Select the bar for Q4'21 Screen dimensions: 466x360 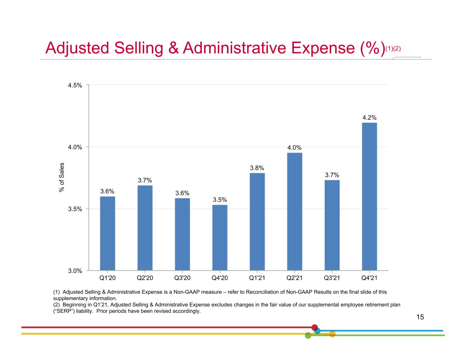[x=369, y=196]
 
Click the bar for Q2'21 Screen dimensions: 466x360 [x=294, y=211]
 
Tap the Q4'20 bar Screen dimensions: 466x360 [x=220, y=237]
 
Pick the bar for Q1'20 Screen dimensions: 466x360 [x=108, y=233]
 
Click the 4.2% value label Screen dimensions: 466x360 [x=369, y=117]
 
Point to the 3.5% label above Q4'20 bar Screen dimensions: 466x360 [x=220, y=200]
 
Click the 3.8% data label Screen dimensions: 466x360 [x=257, y=168]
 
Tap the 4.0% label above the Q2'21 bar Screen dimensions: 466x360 [x=294, y=147]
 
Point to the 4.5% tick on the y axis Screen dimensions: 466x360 [x=75, y=85]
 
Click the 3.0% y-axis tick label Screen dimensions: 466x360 [x=75, y=271]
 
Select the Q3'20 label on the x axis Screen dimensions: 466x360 [x=182, y=278]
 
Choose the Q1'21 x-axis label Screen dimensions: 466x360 [x=257, y=278]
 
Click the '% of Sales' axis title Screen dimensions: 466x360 [x=61, y=177]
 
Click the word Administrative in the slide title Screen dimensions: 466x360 [x=235, y=48]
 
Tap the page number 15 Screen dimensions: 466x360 [x=420, y=317]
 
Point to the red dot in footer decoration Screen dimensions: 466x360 [x=315, y=328]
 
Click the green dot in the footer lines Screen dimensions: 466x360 [x=308, y=335]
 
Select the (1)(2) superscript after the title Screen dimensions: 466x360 [x=393, y=49]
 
